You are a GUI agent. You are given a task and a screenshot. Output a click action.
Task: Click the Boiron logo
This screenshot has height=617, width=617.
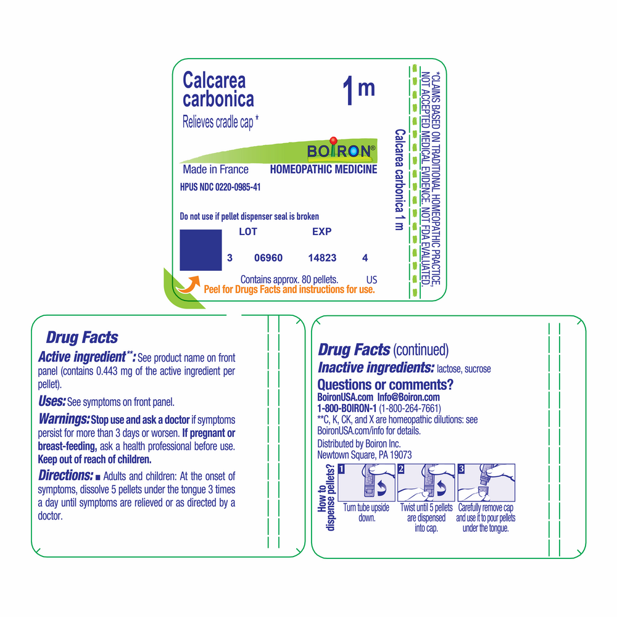tap(339, 151)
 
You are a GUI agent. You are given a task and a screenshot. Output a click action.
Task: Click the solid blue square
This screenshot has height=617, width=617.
tap(201, 250)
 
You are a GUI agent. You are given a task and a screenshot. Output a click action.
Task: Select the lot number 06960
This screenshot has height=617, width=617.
tap(268, 258)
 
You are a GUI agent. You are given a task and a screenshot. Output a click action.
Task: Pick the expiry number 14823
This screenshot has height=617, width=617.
tap(322, 258)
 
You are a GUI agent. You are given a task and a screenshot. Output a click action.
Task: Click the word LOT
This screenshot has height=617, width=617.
tap(247, 232)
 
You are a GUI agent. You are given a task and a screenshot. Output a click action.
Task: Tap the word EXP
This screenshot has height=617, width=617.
tap(321, 232)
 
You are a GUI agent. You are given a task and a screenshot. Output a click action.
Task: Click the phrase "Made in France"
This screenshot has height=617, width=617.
tap(215, 170)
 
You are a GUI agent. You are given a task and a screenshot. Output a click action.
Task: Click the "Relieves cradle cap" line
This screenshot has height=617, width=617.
tap(220, 122)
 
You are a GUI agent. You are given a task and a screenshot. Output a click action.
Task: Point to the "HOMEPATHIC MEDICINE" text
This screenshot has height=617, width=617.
tap(323, 170)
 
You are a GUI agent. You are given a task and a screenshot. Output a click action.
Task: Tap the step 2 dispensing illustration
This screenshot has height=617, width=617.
tap(426, 482)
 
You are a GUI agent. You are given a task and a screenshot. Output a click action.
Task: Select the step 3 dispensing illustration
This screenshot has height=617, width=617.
tap(486, 482)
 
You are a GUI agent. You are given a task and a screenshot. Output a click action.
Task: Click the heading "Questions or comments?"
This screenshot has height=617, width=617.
tap(385, 385)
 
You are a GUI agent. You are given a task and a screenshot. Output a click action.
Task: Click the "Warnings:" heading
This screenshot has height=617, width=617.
tap(64, 419)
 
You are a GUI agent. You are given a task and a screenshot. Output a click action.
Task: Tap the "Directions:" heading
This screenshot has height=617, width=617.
tap(65, 475)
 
